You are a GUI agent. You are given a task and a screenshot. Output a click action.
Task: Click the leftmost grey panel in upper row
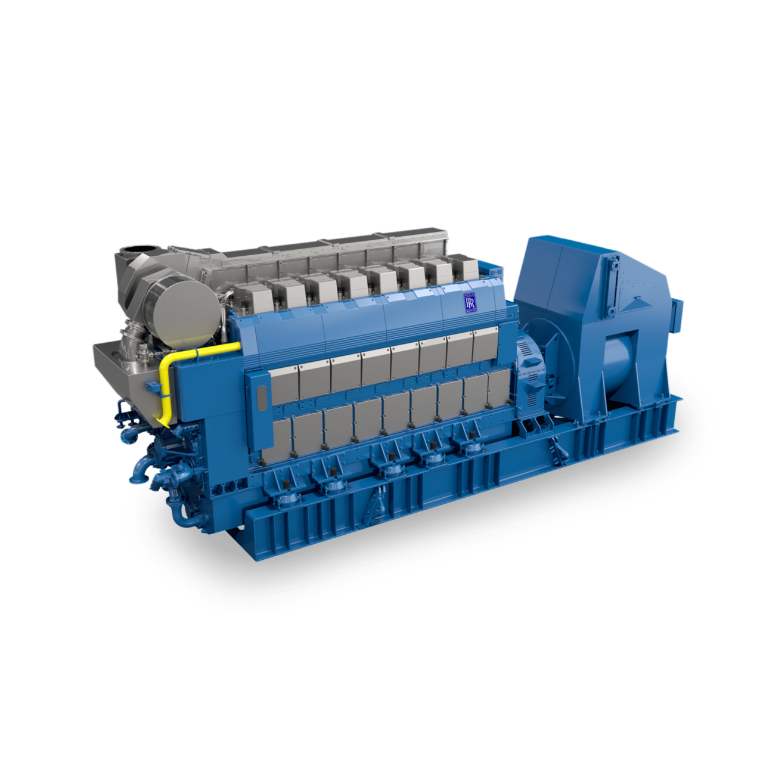283,385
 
